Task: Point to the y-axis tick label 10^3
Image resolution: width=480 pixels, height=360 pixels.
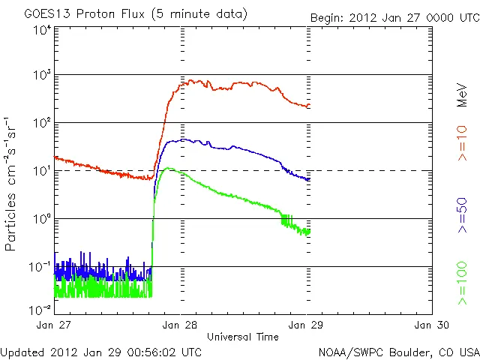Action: click(41, 76)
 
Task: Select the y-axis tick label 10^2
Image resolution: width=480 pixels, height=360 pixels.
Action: click(41, 123)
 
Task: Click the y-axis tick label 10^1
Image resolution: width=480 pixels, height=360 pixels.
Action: click(41, 171)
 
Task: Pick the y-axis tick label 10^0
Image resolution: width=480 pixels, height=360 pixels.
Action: click(41, 219)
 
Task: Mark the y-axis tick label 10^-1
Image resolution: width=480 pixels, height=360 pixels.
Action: click(40, 266)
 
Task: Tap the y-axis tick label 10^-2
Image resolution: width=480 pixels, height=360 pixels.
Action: click(40, 310)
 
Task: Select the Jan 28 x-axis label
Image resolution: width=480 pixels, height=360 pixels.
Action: click(180, 325)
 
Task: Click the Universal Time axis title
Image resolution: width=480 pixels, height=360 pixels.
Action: click(242, 337)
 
